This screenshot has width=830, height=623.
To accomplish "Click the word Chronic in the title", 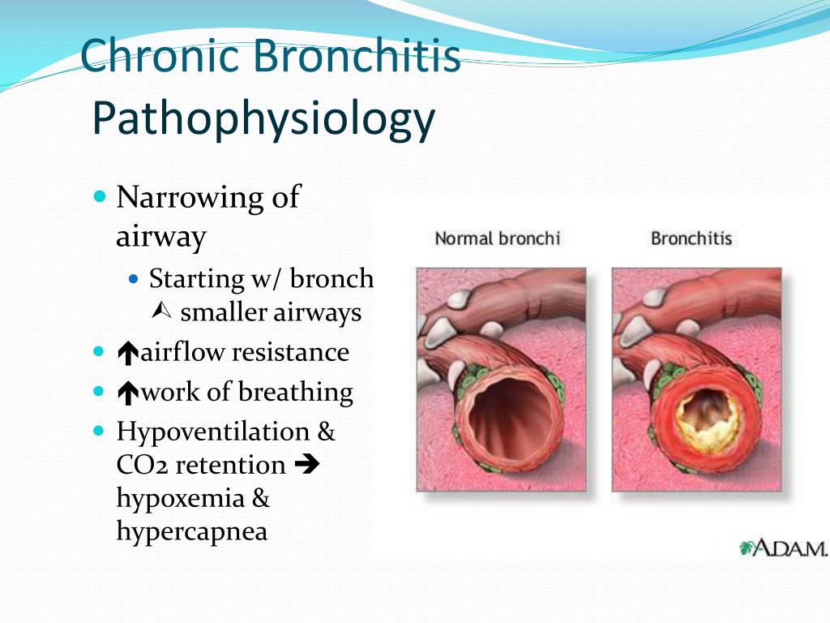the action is point(160,55).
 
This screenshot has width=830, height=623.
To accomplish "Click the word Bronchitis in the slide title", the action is point(356,55).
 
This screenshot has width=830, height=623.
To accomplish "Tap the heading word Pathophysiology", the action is point(263,119).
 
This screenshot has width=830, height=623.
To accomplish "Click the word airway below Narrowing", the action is point(161,236).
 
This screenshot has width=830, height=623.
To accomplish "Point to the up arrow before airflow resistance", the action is point(127,354).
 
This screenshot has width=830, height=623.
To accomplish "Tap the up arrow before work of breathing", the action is point(127,393).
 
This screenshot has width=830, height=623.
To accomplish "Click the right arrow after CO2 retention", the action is point(307,465).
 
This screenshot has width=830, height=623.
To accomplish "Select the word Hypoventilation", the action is point(213,432).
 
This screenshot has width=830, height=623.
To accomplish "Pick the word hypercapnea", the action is point(191,532).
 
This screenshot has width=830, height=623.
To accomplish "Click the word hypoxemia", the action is point(181,499).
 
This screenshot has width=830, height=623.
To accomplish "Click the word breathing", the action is point(295,393).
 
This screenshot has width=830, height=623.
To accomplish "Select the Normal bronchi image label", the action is point(497,238).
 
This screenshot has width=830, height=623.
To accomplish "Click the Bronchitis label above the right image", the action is point(691,238).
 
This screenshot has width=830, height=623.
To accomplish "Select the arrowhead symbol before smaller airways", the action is point(161,311).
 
